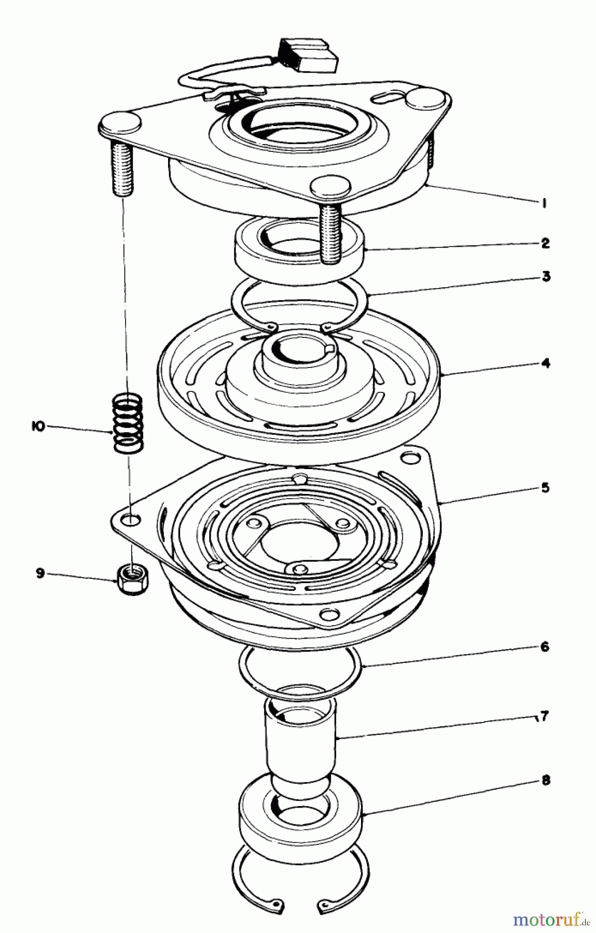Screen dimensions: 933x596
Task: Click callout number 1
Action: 544,204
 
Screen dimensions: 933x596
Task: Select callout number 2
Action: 544,243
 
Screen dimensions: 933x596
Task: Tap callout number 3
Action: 545,276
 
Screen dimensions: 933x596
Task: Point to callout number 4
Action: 545,363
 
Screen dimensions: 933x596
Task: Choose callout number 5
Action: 545,488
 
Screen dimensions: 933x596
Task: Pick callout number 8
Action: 545,781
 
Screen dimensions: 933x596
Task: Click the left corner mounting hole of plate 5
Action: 132,519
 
